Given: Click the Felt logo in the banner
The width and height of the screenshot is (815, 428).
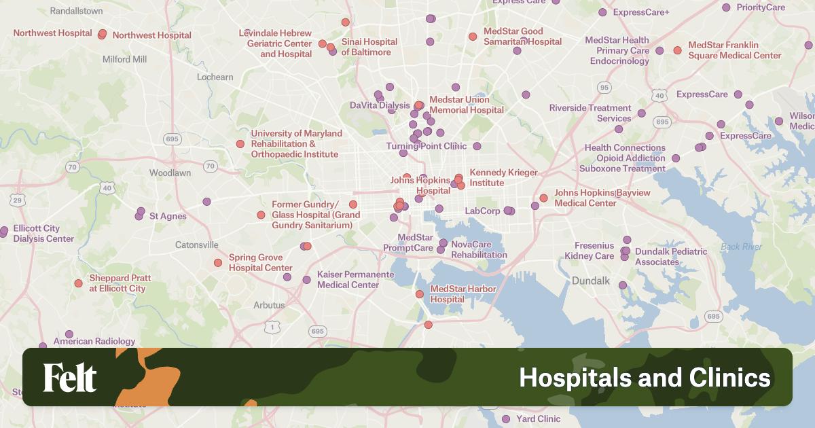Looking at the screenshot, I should [x=70, y=378].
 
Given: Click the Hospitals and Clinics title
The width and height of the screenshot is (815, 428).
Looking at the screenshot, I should [x=645, y=378].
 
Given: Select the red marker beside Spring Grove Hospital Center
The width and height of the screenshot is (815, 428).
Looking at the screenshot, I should [x=218, y=263].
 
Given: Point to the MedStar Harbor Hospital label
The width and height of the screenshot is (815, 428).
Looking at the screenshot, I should [x=463, y=294].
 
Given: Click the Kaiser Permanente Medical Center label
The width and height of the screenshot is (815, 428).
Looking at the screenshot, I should [x=355, y=279].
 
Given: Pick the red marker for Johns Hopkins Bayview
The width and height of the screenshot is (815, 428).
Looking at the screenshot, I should [x=543, y=198].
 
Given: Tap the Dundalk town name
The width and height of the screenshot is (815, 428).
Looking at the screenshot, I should [x=591, y=281].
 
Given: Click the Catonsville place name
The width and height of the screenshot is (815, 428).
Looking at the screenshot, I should [x=197, y=245].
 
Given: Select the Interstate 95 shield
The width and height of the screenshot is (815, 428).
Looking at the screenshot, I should [x=605, y=88].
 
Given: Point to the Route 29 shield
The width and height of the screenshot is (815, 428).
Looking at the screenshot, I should [x=18, y=200].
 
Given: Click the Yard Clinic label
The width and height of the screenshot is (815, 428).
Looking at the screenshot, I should [x=539, y=419].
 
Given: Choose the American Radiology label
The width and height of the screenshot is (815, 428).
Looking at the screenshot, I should [x=94, y=341].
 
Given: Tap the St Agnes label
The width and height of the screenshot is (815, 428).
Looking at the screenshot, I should [x=168, y=216].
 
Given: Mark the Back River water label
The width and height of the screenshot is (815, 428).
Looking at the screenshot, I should [x=741, y=247].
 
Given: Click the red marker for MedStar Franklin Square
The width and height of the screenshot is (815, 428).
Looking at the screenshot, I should [x=677, y=50].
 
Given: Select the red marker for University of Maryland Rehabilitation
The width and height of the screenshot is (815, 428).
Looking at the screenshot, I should [x=240, y=144].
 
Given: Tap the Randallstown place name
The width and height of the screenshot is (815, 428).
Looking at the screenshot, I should [x=77, y=11].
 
